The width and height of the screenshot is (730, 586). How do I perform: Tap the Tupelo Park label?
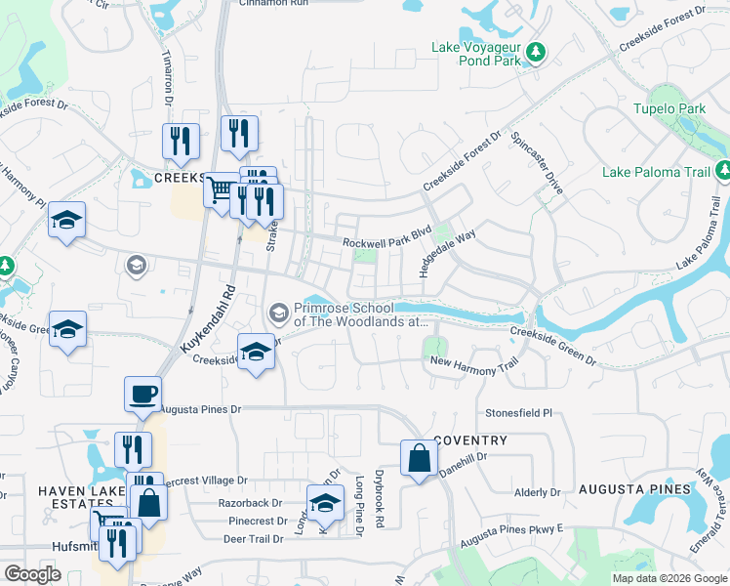click(x=669, y=108)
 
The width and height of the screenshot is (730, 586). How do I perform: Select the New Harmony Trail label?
click(x=473, y=363)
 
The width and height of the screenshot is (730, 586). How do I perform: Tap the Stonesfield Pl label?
click(x=519, y=413)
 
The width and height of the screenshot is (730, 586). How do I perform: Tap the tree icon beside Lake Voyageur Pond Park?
click(x=534, y=51)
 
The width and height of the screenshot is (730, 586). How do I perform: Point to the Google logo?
click(x=32, y=574)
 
